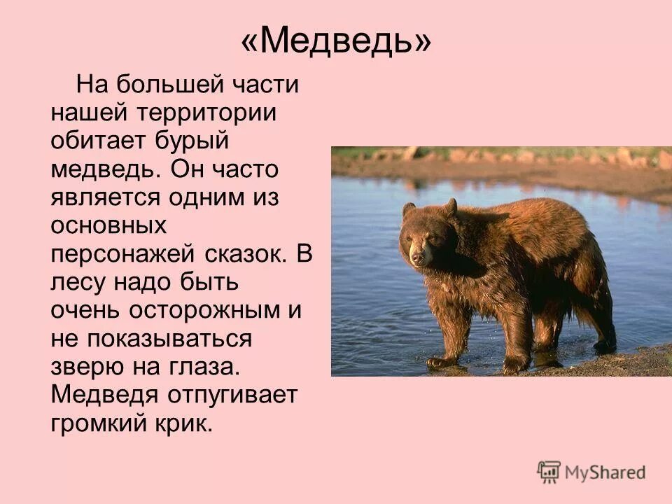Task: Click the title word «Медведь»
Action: (x=336, y=43)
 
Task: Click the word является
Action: (x=105, y=197)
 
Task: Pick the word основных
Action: (x=108, y=225)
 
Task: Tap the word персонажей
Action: (x=118, y=253)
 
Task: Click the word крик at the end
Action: (x=183, y=423)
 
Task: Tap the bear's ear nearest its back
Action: (x=451, y=206)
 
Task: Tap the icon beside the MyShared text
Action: (x=549, y=471)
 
